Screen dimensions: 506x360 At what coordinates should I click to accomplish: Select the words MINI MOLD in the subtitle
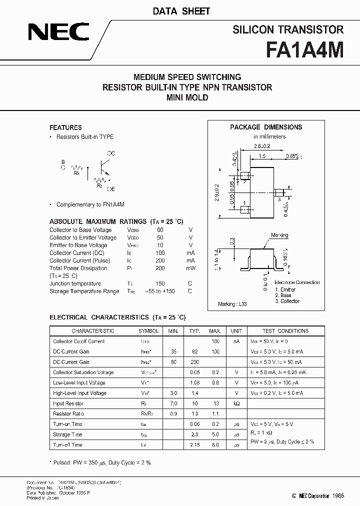(x=187, y=97)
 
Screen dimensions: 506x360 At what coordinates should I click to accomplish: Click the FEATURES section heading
(x=65, y=127)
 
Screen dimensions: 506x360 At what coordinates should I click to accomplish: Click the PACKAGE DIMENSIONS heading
(x=266, y=127)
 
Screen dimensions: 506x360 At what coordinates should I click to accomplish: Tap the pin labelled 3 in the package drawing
(x=279, y=198)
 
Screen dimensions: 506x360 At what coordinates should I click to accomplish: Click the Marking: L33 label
(x=232, y=303)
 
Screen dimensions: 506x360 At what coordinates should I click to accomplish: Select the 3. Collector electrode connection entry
(x=287, y=301)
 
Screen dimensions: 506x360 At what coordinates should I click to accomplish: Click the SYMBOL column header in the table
(x=148, y=331)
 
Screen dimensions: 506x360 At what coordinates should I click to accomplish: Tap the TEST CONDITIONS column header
(x=285, y=331)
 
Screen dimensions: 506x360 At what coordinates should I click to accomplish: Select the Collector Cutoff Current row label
(x=79, y=341)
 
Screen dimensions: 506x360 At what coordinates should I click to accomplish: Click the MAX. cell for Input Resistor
(x=215, y=403)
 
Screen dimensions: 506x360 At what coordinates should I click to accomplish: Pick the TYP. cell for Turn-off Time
(x=194, y=444)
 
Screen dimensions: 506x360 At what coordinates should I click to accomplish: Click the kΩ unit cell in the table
(x=236, y=403)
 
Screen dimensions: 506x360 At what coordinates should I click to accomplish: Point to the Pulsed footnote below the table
(x=100, y=463)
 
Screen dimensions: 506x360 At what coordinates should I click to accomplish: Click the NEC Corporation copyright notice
(x=310, y=495)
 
